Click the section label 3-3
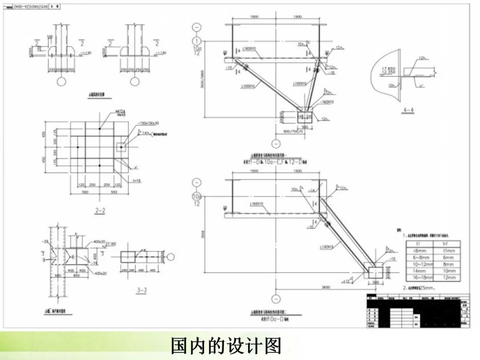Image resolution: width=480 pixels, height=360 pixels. pos(142,291)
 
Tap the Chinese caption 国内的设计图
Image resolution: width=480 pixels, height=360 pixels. pos(226,345)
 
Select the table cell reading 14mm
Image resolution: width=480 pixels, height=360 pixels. pos(417,271)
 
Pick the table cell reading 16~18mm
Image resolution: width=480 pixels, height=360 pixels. pos(417,277)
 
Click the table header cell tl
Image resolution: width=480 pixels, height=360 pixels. pos(417,244)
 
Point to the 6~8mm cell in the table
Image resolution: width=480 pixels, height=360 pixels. pos(417,257)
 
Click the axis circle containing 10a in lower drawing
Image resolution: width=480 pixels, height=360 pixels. pos(196,196)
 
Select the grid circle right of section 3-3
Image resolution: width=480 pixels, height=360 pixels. pos(171,256)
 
